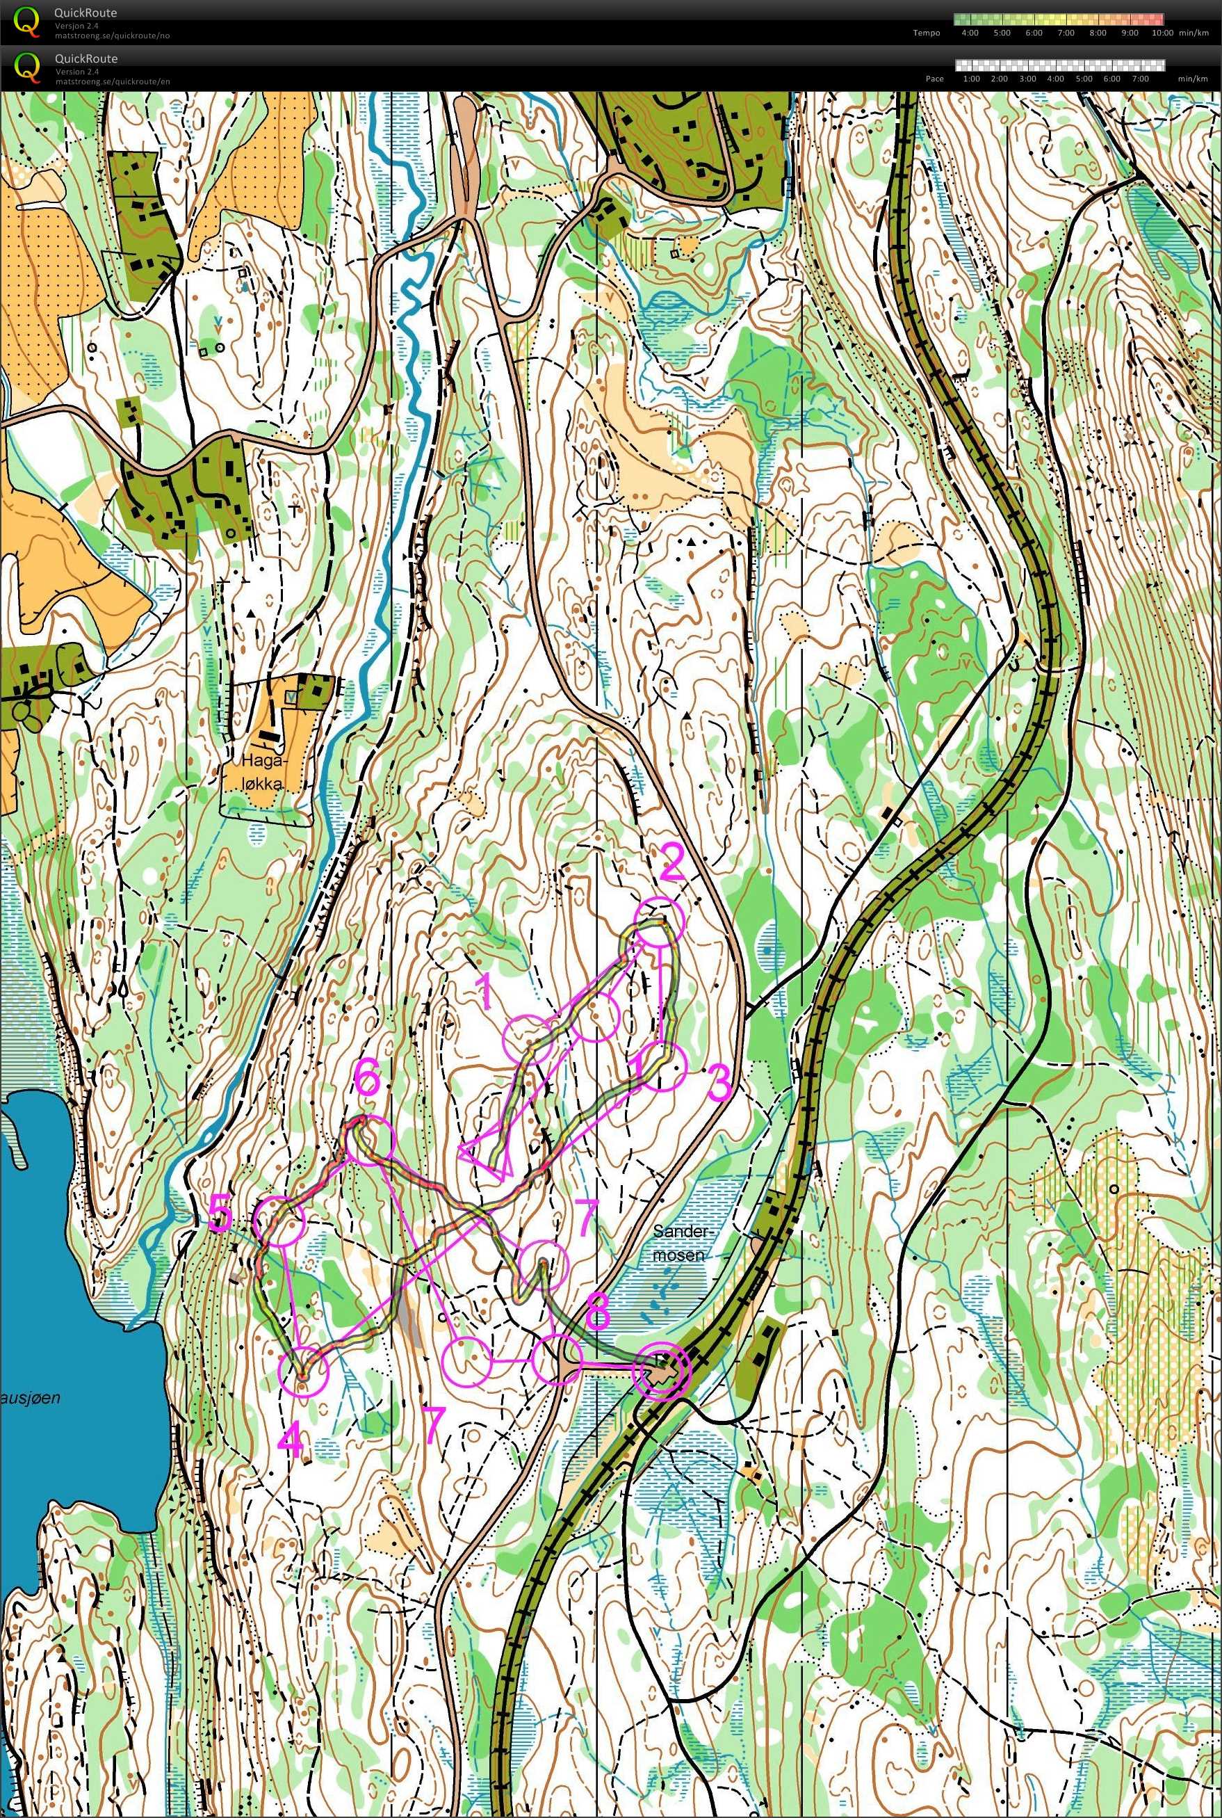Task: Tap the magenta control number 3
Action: tap(719, 1082)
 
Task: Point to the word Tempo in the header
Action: tap(927, 33)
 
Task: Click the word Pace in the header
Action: tap(934, 79)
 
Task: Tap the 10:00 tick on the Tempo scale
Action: tap(1162, 33)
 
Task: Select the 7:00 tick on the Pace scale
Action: tap(1139, 79)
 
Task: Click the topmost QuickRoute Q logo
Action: tap(26, 21)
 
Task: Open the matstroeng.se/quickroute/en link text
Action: tap(112, 81)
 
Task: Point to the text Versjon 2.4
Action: tap(76, 26)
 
